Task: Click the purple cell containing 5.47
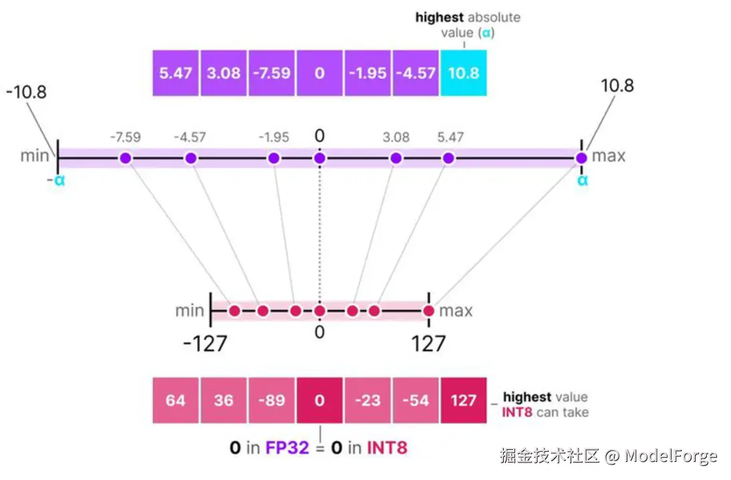coord(176,72)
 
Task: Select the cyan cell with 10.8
coord(464,72)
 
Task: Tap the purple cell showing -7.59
coord(271,72)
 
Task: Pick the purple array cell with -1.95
coord(368,72)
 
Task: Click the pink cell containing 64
coord(176,400)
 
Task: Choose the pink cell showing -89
coord(271,400)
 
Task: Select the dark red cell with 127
coord(464,400)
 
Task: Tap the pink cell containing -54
coord(416,400)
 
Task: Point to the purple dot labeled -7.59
coord(126,158)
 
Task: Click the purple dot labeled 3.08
coord(396,158)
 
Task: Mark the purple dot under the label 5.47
coord(448,158)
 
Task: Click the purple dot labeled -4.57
coord(190,158)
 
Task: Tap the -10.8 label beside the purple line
coord(27,92)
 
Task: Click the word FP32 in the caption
coord(287,447)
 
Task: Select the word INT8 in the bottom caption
coord(387,447)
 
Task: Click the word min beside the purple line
coord(34,156)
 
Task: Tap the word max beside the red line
coord(456,311)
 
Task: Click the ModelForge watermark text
coord(671,457)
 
